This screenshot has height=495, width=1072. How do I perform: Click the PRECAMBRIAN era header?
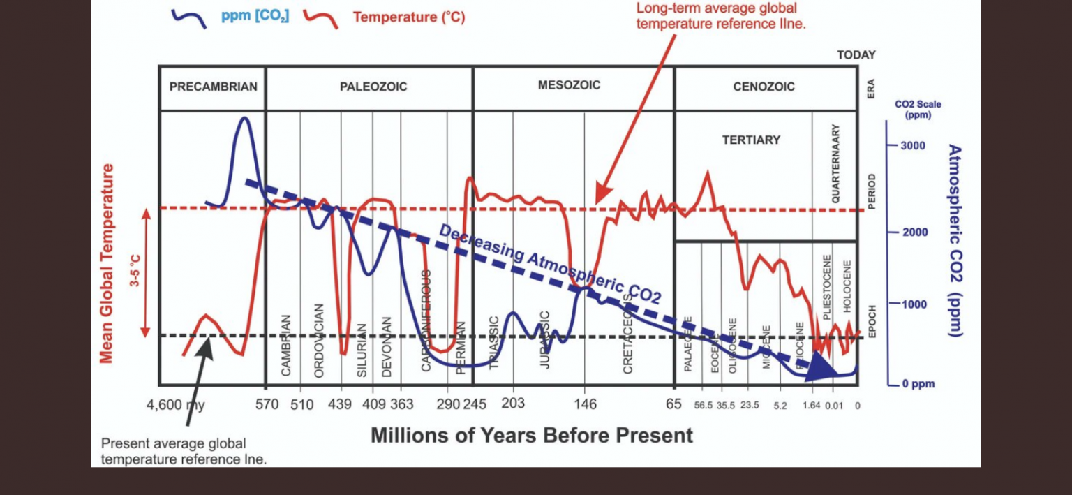point(213,87)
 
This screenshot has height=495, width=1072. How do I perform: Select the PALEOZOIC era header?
point(373,87)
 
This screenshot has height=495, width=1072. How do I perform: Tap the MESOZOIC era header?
point(569,85)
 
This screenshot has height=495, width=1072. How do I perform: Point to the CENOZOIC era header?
point(764,87)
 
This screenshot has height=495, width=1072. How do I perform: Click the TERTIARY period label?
point(751,140)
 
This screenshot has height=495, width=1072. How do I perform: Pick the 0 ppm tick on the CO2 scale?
point(913,384)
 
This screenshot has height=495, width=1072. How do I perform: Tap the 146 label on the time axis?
point(585,404)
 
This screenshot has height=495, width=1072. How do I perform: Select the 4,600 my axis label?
point(175,404)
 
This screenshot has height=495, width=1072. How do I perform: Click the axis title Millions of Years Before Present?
point(531,436)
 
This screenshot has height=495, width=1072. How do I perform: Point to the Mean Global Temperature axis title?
point(106,263)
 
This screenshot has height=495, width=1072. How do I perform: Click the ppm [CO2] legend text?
point(255,16)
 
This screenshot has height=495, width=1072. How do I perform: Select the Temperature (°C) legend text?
point(409,17)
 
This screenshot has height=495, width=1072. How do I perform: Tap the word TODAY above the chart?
point(856,55)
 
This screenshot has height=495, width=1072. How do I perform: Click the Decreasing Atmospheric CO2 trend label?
point(549,265)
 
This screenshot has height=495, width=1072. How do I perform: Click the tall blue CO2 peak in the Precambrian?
point(244,120)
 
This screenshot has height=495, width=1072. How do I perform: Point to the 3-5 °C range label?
point(135,272)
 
